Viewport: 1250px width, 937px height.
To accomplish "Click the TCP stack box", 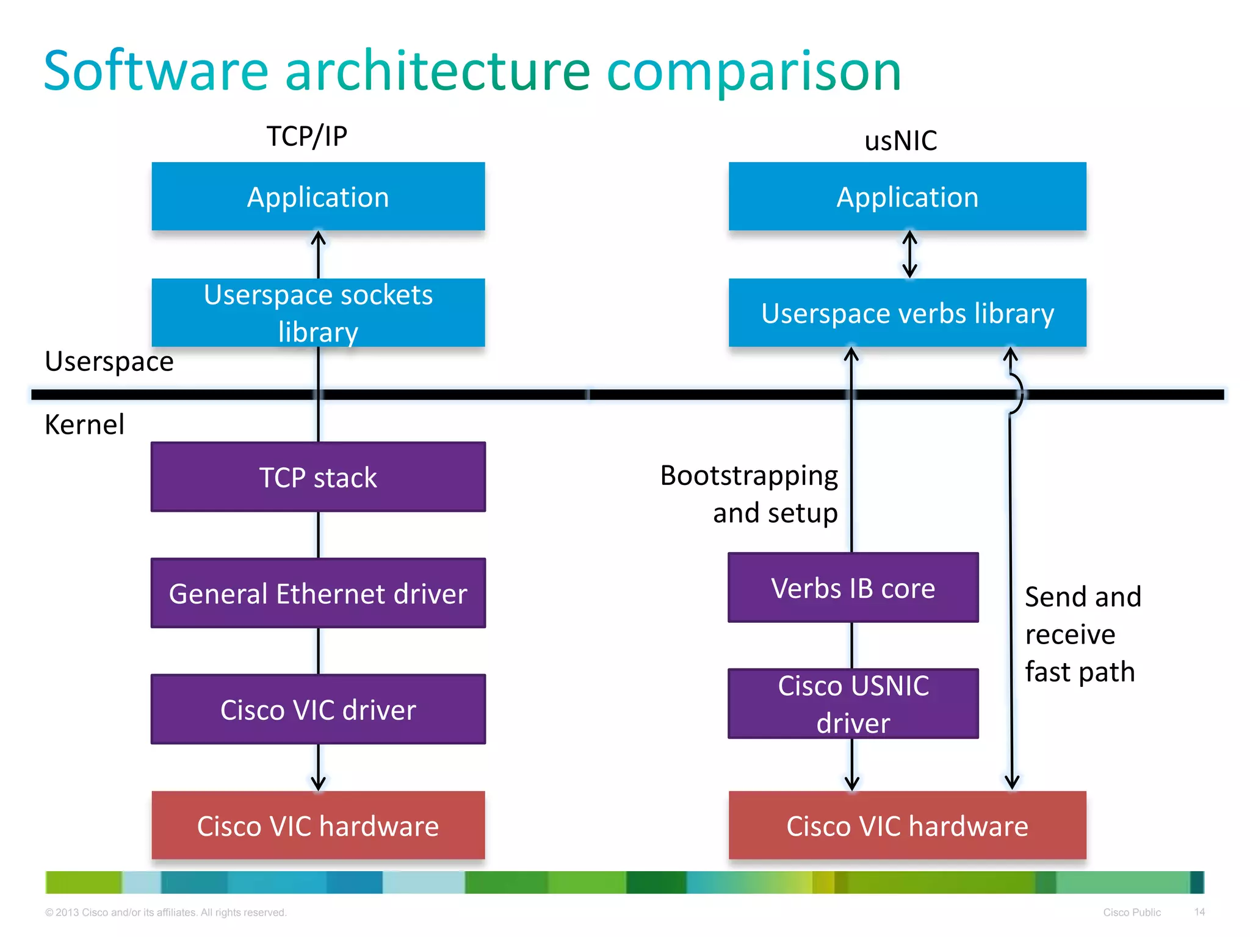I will point(318,477).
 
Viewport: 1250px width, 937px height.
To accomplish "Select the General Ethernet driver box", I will point(318,593).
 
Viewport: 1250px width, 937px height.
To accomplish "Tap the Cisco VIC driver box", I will point(318,709).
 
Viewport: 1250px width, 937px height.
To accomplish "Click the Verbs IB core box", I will point(853,587).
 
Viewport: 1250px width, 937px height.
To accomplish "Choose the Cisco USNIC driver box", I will point(853,703).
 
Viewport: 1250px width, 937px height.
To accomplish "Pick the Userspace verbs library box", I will point(907,313).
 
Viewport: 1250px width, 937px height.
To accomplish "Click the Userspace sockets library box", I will point(318,313).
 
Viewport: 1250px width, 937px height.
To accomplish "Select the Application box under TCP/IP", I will point(318,196).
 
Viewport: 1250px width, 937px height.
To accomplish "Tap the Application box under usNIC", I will point(907,196).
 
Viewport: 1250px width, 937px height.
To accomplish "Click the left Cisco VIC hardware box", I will point(318,825).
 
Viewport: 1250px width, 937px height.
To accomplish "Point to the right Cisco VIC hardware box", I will point(907,825).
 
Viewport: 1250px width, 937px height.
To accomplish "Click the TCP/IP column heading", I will point(306,136).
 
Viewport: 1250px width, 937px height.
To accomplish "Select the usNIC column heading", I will point(900,141).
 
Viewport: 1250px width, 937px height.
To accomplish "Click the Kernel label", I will point(84,425).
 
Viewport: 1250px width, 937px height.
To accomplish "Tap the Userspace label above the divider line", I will point(109,361).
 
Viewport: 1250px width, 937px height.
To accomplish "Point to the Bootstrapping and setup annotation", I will point(749,494).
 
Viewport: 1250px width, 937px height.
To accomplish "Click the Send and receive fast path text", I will point(1082,634).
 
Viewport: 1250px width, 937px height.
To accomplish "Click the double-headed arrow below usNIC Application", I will point(909,254).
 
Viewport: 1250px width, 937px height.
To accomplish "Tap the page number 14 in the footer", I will point(1199,912).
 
